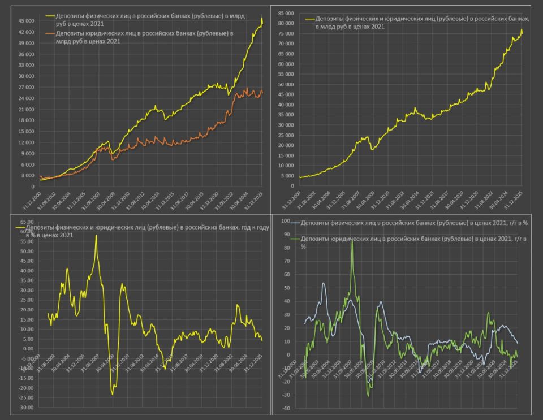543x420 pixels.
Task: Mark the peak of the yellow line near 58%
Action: pyautogui.click(x=96, y=235)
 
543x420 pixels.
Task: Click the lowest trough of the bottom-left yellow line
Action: pyautogui.click(x=113, y=394)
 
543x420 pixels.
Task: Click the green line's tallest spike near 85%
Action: pyautogui.click(x=352, y=241)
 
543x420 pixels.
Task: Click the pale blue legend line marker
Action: pyautogui.click(x=294, y=223)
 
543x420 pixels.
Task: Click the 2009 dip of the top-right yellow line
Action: pyautogui.click(x=372, y=149)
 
